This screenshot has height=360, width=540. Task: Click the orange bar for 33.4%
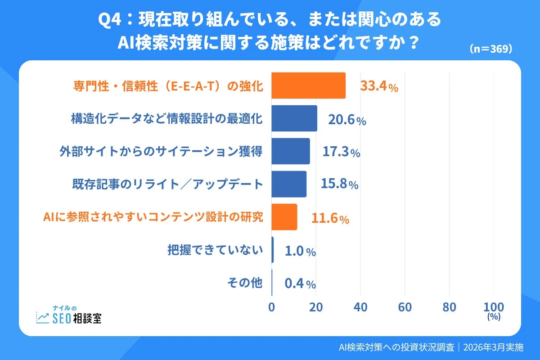coord(308,85)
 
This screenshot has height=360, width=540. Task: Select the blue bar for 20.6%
coord(294,118)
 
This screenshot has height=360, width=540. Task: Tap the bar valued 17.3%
coord(291,151)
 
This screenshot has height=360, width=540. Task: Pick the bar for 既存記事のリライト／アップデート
coord(289,184)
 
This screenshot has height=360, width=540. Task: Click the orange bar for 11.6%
coord(284,217)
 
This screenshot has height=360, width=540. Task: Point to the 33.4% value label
coord(379,86)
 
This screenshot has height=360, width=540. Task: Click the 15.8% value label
coord(339,184)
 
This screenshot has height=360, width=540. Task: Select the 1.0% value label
coord(300,251)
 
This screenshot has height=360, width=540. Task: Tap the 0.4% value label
coord(300,284)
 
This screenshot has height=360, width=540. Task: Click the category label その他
coord(244,283)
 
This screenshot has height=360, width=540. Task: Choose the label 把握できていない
coord(215,250)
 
